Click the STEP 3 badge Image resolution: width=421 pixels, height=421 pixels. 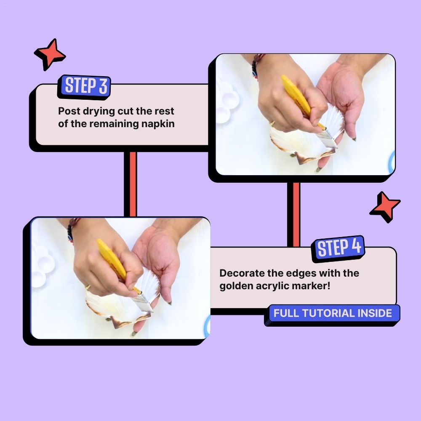tap(84, 86)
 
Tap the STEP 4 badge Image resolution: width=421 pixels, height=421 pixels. tap(338, 248)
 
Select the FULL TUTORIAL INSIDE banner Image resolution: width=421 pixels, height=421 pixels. tap(333, 314)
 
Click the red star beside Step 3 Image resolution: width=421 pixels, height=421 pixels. tap(50, 54)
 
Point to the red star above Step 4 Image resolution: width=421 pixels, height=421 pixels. tap(385, 207)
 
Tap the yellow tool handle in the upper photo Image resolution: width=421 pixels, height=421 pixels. tap(296, 95)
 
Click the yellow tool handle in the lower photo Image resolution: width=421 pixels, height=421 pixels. tap(112, 259)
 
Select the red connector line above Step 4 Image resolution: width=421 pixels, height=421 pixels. tap(296, 215)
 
